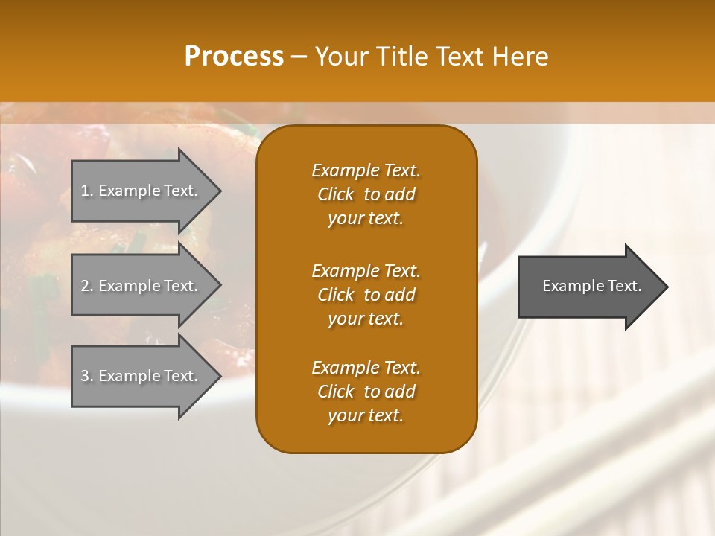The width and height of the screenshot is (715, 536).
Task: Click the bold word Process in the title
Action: pyautogui.click(x=234, y=57)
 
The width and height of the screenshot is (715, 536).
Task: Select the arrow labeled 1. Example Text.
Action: pyautogui.click(x=142, y=191)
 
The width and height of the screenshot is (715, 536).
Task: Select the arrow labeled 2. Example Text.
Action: pyautogui.click(x=142, y=286)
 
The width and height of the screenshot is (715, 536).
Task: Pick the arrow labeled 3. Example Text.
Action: pyautogui.click(x=142, y=376)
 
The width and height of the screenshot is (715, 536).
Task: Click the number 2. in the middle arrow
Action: pyautogui.click(x=86, y=286)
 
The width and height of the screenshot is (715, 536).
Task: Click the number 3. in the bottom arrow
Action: pyautogui.click(x=86, y=376)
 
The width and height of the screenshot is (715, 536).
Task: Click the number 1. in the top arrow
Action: pyautogui.click(x=86, y=191)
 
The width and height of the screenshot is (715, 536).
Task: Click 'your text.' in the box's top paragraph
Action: pyautogui.click(x=366, y=219)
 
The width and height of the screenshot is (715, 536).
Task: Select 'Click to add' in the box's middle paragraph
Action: pyautogui.click(x=366, y=295)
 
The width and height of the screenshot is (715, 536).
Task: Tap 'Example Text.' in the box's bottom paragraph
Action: pyautogui.click(x=366, y=368)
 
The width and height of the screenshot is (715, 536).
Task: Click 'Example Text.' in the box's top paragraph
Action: pyautogui.click(x=366, y=170)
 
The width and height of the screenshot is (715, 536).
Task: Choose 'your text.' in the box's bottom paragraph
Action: pyautogui.click(x=366, y=416)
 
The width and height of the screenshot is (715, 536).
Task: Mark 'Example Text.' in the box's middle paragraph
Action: pyautogui.click(x=366, y=271)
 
